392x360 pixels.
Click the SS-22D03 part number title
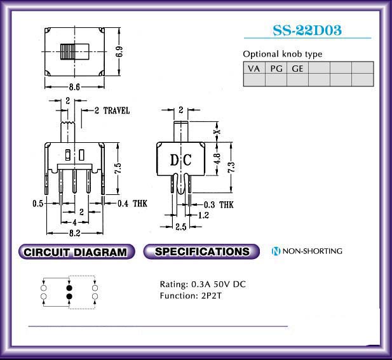308,30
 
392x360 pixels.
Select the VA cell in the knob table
254,68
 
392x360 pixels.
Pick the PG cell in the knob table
276,68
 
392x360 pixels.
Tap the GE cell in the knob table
297,68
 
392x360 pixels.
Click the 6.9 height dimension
119,51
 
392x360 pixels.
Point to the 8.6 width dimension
74,87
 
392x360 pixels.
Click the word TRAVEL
116,110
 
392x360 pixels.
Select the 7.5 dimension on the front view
118,168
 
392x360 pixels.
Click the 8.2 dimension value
75,233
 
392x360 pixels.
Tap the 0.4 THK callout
133,204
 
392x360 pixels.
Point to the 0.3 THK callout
219,205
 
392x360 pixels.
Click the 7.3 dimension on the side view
231,167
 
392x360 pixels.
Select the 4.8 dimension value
217,158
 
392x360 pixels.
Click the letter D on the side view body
174,160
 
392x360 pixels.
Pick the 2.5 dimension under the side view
181,227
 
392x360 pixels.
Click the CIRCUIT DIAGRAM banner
76,252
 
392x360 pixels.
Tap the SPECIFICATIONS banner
201,251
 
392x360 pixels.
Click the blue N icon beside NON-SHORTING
276,251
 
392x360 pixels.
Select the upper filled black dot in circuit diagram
69,288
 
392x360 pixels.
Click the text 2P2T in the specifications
212,296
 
